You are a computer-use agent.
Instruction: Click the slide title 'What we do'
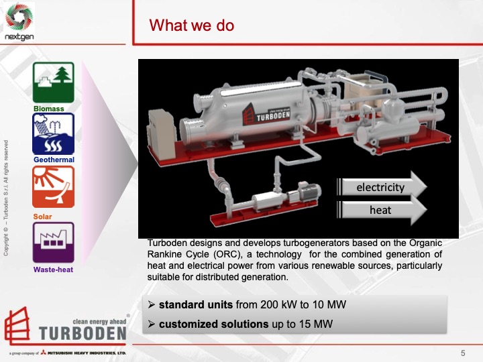click(x=192, y=25)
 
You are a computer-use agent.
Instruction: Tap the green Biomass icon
click(x=54, y=82)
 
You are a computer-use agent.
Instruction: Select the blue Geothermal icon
click(x=54, y=133)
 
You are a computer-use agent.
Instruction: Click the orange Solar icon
click(x=54, y=186)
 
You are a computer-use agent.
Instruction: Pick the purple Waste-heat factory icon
click(x=54, y=242)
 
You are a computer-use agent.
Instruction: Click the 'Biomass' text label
click(x=49, y=108)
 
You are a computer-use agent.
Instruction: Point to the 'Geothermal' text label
click(x=54, y=160)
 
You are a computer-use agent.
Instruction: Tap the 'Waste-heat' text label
click(x=54, y=269)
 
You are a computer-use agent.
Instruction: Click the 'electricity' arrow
click(x=381, y=187)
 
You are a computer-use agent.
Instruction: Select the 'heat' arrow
click(x=381, y=210)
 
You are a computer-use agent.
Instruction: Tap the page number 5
click(x=463, y=353)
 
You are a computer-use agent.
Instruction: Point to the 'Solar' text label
click(x=42, y=217)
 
